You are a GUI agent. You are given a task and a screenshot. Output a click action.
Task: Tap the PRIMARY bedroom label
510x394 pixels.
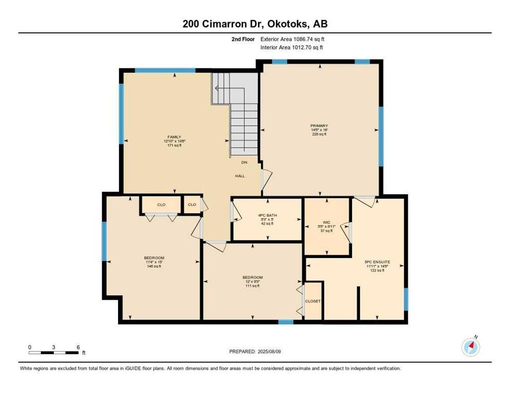pyautogui.click(x=319, y=126)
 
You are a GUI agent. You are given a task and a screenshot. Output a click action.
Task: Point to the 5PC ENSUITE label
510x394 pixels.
pyautogui.click(x=379, y=262)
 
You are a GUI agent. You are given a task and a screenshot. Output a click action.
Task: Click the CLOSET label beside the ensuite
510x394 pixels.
pyautogui.click(x=312, y=301)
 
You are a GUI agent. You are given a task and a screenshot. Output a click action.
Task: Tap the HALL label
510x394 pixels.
pyautogui.click(x=240, y=176)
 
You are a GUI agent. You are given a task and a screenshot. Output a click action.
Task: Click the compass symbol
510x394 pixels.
pyautogui.click(x=470, y=347)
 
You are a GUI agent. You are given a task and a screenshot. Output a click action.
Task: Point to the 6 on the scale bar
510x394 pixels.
pyautogui.click(x=77, y=347)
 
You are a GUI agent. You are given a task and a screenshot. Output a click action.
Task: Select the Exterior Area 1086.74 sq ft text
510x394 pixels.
pyautogui.click(x=292, y=39)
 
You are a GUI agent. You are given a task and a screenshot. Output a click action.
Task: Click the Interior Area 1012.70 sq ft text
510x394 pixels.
pyautogui.click(x=291, y=48)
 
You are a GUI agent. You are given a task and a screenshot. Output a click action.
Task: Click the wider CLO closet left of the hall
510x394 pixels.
pyautogui.click(x=161, y=205)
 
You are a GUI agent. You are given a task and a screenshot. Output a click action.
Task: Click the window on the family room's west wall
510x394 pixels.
pyautogui.click(x=122, y=113)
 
